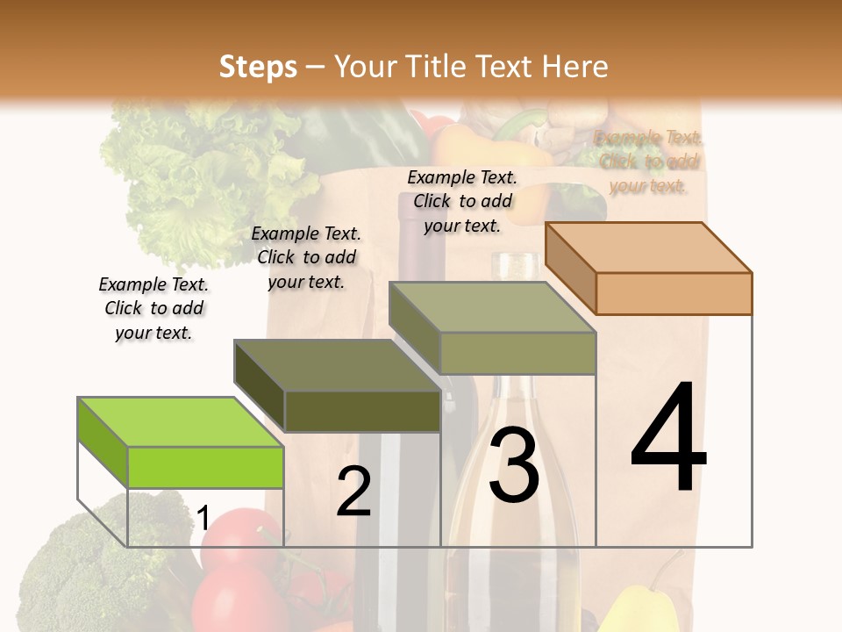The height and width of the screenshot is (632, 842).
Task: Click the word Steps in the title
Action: (x=258, y=67)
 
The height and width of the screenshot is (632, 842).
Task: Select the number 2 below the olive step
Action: (x=353, y=492)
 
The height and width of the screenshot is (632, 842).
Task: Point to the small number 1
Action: (x=203, y=519)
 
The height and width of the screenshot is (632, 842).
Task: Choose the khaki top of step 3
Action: (x=491, y=307)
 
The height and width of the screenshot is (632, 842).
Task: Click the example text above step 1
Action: (x=153, y=308)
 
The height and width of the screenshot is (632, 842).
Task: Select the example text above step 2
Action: (x=306, y=257)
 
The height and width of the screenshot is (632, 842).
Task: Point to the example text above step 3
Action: (x=462, y=201)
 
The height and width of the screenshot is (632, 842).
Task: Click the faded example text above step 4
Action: (x=648, y=162)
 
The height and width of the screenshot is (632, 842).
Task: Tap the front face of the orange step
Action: (x=674, y=293)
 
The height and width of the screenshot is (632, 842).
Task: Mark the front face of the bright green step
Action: (x=205, y=467)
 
